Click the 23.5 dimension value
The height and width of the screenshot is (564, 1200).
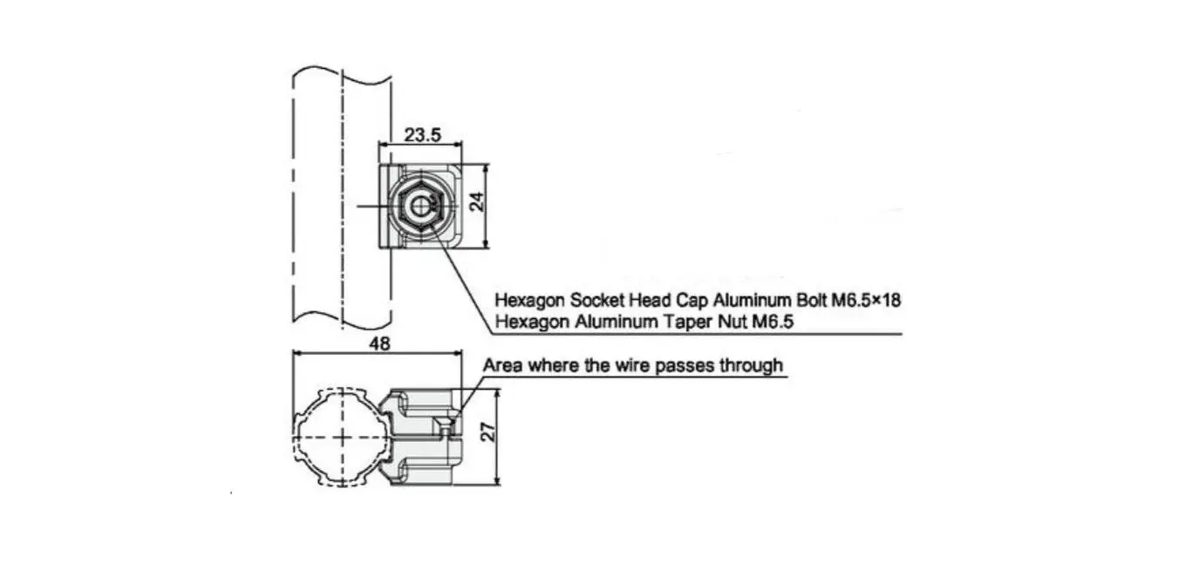tap(423, 135)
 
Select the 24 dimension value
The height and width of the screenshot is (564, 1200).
tap(477, 202)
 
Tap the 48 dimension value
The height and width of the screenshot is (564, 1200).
tap(380, 343)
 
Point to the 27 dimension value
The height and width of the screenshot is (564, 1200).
tap(488, 431)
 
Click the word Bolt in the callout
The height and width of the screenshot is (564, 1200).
tap(811, 300)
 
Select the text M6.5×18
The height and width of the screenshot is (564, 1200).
tap(866, 300)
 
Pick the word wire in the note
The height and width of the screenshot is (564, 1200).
tap(632, 365)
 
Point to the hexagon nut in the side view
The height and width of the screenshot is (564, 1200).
tap(420, 207)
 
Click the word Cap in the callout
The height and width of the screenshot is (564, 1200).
tap(692, 301)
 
